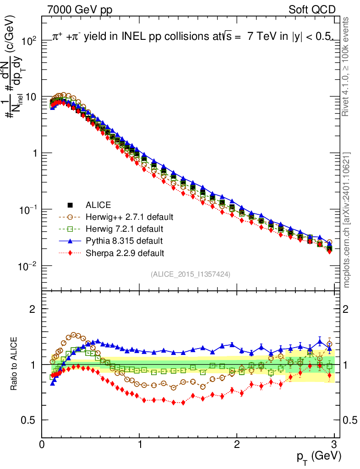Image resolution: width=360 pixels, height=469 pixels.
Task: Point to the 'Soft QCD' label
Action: click(312, 10)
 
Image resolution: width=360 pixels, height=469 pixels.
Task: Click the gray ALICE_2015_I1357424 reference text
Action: click(190, 274)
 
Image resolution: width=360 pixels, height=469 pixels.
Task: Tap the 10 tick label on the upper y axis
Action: click(31, 97)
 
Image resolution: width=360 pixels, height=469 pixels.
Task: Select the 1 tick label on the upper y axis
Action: click(34, 153)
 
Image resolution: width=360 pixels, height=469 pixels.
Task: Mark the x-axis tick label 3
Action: click(334, 444)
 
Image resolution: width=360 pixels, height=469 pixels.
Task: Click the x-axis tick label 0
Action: click(42, 444)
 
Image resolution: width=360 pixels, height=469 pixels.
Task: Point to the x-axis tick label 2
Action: click(237, 444)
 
